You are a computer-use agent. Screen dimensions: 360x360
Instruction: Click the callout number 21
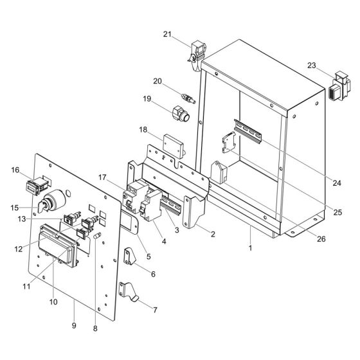167,34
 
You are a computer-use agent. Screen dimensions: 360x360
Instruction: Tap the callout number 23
312,66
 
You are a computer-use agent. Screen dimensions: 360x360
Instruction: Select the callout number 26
321,239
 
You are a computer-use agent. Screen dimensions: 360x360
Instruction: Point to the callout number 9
74,325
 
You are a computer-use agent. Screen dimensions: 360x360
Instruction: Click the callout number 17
102,177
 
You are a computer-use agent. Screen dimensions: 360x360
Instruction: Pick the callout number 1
250,248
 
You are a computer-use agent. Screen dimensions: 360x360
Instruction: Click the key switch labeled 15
51,201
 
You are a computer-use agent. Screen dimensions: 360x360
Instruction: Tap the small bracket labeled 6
130,256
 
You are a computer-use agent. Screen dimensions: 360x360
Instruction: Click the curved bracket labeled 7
129,292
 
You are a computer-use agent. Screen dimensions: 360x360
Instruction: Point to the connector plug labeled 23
341,87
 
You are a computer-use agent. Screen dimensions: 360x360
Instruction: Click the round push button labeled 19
181,113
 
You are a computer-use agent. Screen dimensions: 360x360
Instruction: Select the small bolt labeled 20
188,98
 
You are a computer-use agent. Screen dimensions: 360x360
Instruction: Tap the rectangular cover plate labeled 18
174,147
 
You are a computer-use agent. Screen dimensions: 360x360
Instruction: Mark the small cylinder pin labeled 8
98,235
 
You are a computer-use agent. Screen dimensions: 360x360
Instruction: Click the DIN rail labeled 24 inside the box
248,131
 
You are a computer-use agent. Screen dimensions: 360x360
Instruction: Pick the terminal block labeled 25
229,142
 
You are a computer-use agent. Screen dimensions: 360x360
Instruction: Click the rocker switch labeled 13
72,219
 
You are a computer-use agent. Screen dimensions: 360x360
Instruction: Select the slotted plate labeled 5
129,222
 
